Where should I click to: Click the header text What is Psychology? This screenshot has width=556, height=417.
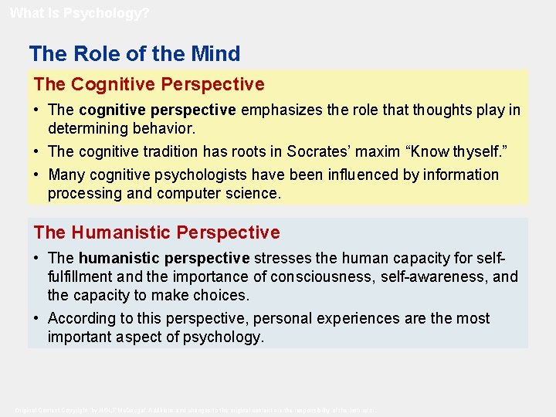click(x=80, y=12)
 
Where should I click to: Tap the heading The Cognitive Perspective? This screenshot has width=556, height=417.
click(x=149, y=84)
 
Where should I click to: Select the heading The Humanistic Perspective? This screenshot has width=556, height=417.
click(x=157, y=232)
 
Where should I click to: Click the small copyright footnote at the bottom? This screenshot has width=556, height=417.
click(x=196, y=409)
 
